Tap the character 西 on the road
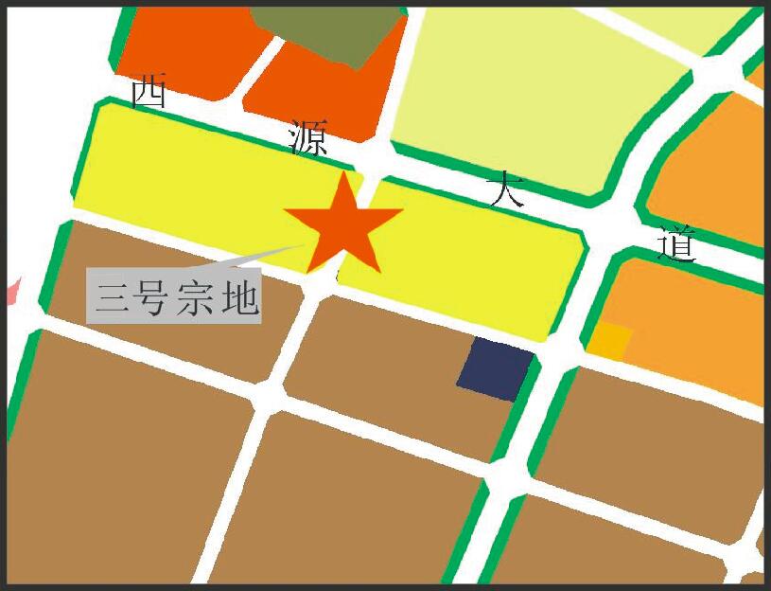point(149,92)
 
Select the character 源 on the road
point(308,138)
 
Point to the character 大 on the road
point(505,190)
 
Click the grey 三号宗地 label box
point(174,295)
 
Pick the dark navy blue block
point(496,368)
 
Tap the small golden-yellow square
point(610,340)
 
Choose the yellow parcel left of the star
point(189,180)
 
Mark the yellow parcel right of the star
point(473,256)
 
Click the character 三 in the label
point(113,297)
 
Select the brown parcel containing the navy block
point(397,360)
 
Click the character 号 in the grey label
point(153,297)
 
